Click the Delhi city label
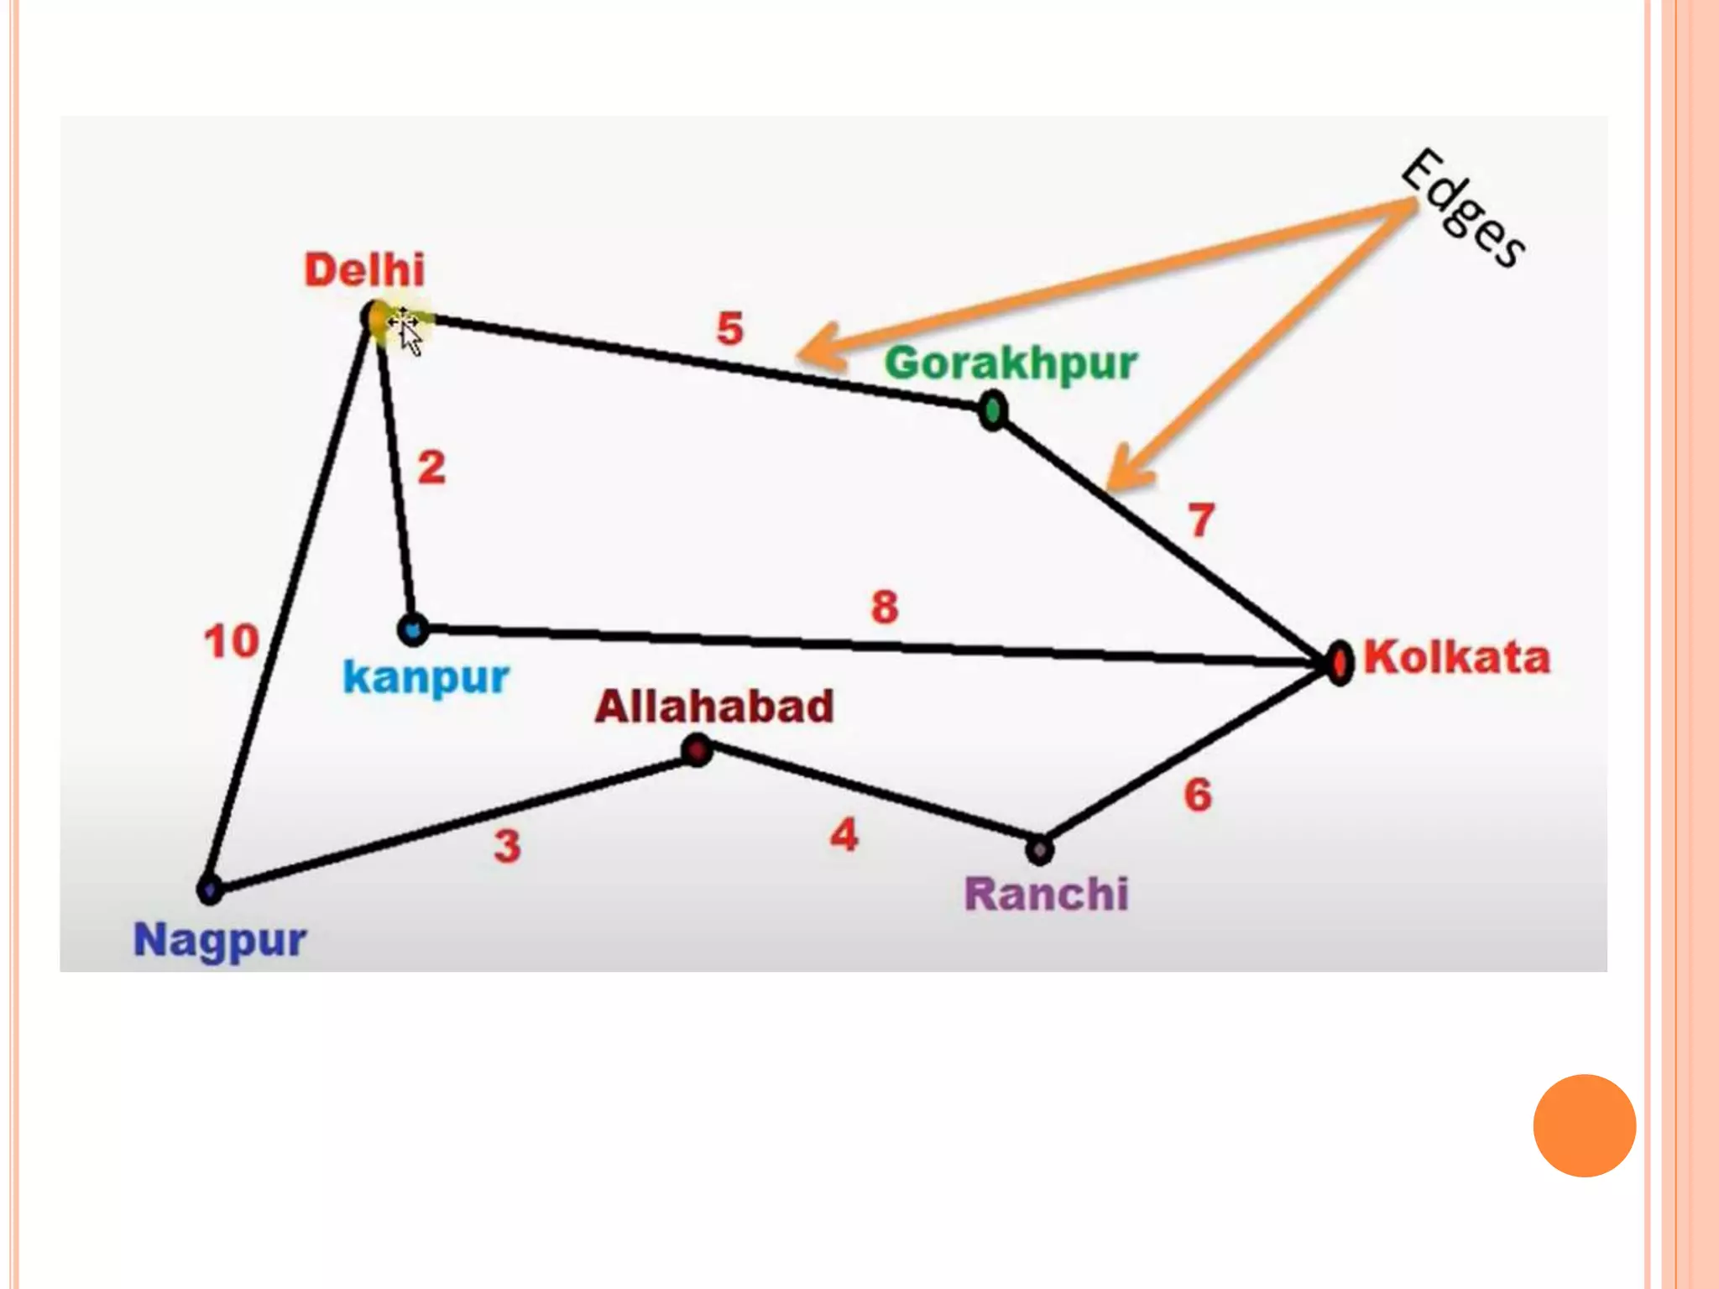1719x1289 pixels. pyautogui.click(x=364, y=270)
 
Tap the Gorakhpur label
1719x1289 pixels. pyautogui.click(x=1011, y=364)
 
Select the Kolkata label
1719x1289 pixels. pyautogui.click(x=1456, y=657)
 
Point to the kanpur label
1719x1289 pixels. pyautogui.click(x=426, y=677)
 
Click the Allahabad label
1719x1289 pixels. pyautogui.click(x=714, y=707)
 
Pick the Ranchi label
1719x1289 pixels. pyautogui.click(x=1046, y=894)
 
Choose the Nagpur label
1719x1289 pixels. pyautogui.click(x=220, y=940)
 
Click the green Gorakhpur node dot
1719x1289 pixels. pyautogui.click(x=993, y=411)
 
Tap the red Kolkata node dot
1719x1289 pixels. pyautogui.click(x=1340, y=663)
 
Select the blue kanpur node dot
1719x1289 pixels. pyautogui.click(x=412, y=629)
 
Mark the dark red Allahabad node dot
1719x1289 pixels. pyautogui.click(x=697, y=749)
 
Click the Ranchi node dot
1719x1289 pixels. pyautogui.click(x=1039, y=850)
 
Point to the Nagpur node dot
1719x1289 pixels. pyautogui.click(x=209, y=889)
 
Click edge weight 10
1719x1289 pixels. pyautogui.click(x=231, y=642)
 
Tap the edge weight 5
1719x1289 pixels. pyautogui.click(x=729, y=328)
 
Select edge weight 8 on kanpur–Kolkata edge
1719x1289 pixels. pyautogui.click(x=885, y=607)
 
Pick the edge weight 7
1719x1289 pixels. pyautogui.click(x=1201, y=520)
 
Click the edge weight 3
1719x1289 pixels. pyautogui.click(x=507, y=846)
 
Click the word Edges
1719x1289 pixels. pyautogui.click(x=1463, y=208)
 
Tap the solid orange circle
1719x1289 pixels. pyautogui.click(x=1584, y=1125)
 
